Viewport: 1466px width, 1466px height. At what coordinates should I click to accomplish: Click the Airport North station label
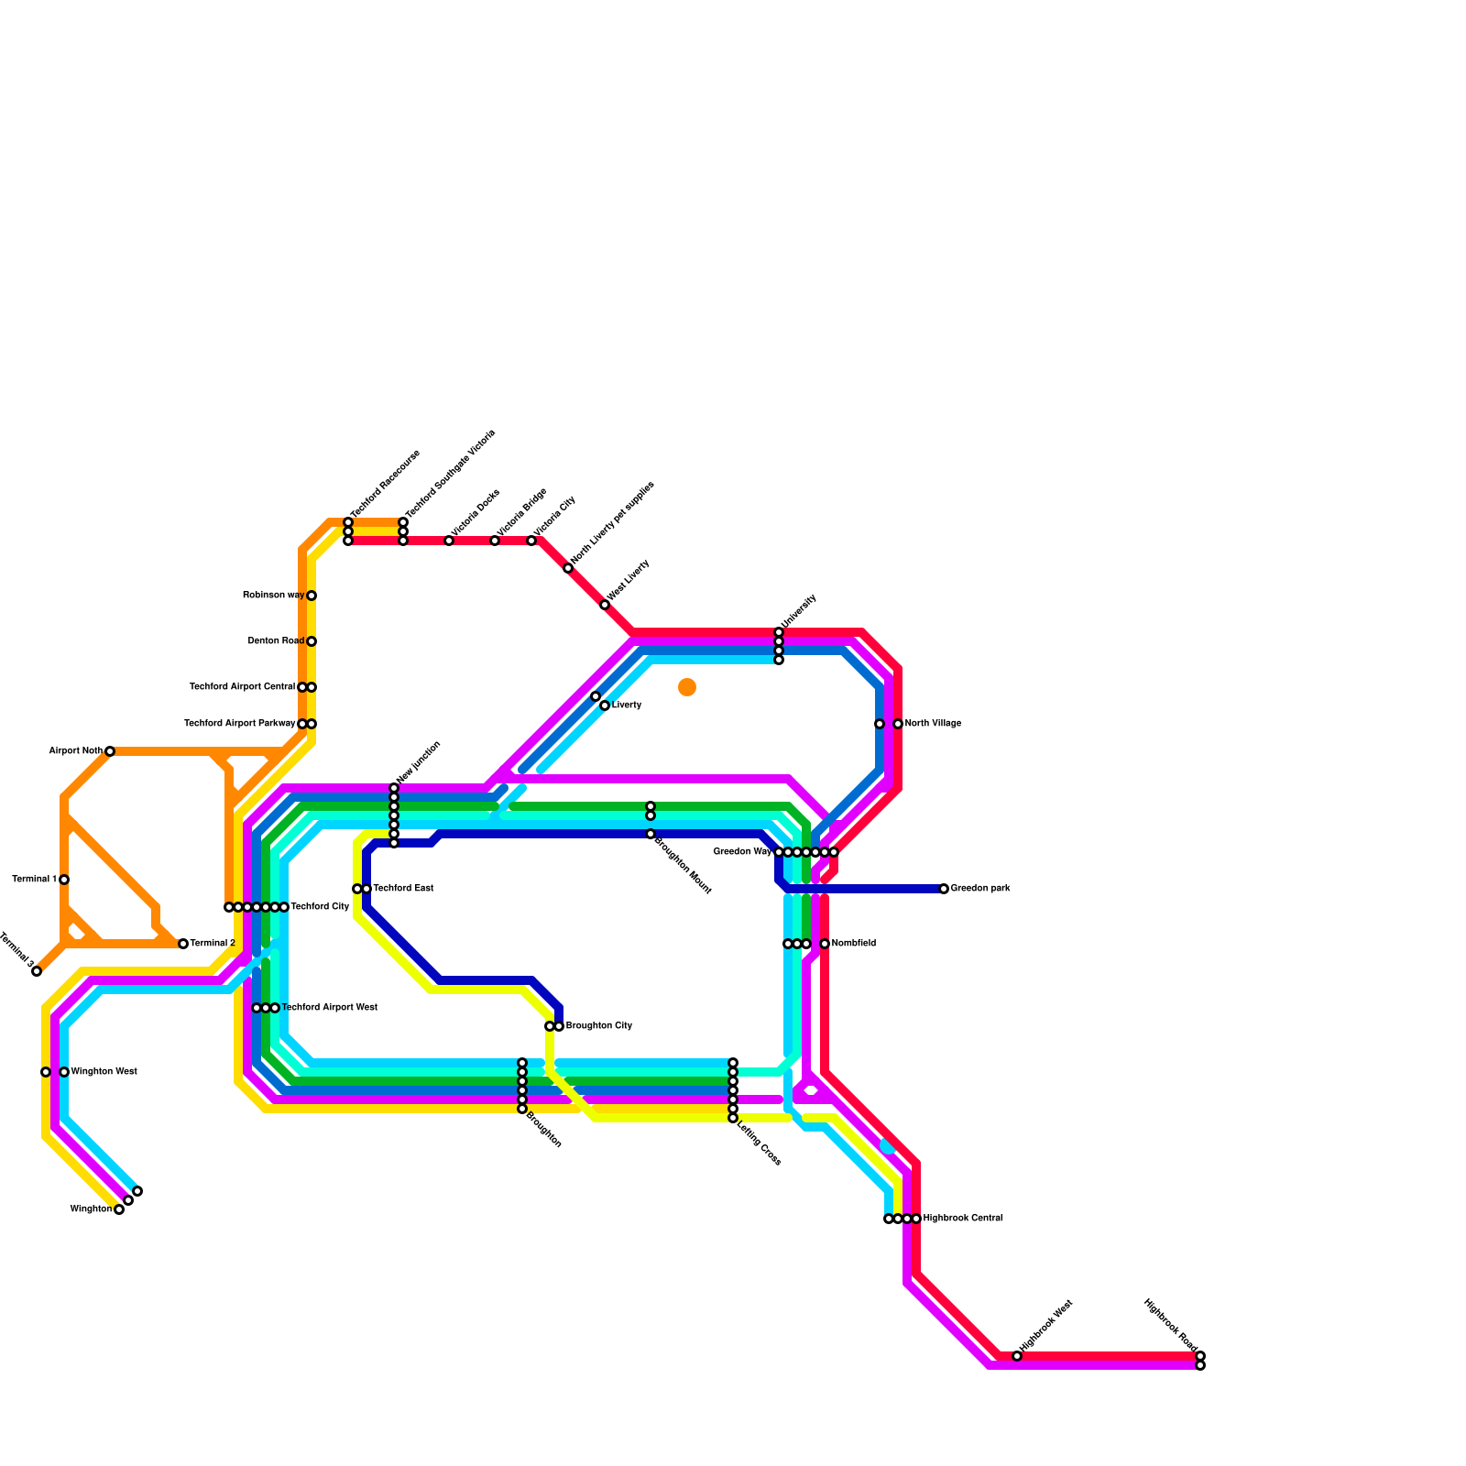(76, 751)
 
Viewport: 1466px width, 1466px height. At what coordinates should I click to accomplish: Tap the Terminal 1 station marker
(64, 880)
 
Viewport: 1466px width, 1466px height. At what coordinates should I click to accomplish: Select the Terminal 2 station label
(213, 944)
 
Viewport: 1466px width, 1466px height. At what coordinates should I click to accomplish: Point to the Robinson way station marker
(312, 596)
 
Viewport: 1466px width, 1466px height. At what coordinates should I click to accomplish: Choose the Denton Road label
(276, 641)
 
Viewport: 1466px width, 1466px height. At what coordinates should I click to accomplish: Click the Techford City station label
(320, 907)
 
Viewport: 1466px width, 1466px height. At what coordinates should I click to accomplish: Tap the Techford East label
(403, 889)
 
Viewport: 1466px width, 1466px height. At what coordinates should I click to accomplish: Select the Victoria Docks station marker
(449, 541)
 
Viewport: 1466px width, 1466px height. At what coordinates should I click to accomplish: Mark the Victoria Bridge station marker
(495, 541)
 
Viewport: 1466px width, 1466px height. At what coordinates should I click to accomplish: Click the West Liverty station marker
(605, 605)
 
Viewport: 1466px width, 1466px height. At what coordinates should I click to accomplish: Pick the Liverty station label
(627, 706)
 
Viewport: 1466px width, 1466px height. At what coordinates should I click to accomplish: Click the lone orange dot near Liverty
(687, 687)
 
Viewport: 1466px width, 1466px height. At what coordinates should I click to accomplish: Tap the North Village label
(933, 724)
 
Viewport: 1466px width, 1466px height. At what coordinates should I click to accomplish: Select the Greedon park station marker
(944, 889)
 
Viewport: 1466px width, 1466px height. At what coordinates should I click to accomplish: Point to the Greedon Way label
(742, 852)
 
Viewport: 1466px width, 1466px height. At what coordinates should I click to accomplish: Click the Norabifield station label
(854, 944)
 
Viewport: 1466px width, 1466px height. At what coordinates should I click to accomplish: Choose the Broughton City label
(599, 1026)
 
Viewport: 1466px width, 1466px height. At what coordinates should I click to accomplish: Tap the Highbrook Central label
(963, 1219)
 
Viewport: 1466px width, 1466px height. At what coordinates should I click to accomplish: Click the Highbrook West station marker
(1017, 1356)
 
